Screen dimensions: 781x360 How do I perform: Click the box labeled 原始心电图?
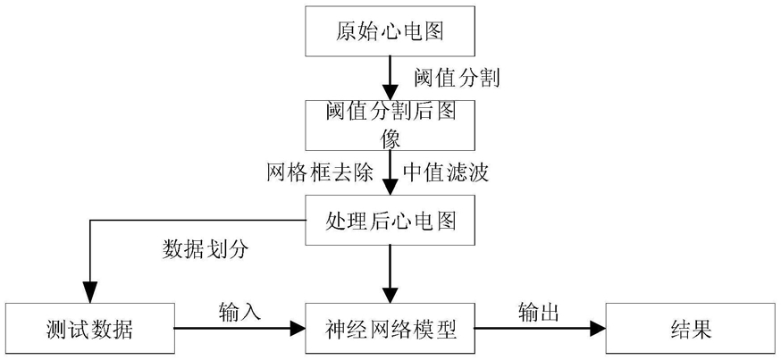pyautogui.click(x=390, y=31)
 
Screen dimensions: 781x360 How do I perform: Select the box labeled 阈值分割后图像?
pyautogui.click(x=390, y=125)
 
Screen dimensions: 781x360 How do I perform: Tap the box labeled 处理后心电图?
pyautogui.click(x=390, y=220)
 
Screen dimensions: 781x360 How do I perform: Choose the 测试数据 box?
pyautogui.click(x=89, y=329)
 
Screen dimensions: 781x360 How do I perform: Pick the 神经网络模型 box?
pyautogui.click(x=390, y=329)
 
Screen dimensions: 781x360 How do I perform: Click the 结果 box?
pyautogui.click(x=691, y=329)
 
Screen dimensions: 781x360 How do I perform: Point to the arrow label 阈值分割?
pyautogui.click(x=457, y=78)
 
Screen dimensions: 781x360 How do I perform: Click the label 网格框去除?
pyautogui.click(x=320, y=172)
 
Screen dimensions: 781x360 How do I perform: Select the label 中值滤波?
pyautogui.click(x=446, y=172)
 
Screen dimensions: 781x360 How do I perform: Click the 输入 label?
pyautogui.click(x=239, y=312)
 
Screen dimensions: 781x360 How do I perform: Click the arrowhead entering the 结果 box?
pyautogui.click(x=598, y=329)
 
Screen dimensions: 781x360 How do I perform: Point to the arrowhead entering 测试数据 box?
pyautogui.click(x=89, y=295)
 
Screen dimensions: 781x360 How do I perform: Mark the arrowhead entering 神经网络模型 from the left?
pyautogui.click(x=298, y=329)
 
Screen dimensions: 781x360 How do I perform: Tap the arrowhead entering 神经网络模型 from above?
pyautogui.click(x=390, y=295)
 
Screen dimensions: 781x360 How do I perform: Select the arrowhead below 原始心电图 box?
pyautogui.click(x=390, y=92)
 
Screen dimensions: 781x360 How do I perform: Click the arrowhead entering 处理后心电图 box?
pyautogui.click(x=390, y=186)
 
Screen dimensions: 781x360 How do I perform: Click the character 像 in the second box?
pyautogui.click(x=390, y=139)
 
